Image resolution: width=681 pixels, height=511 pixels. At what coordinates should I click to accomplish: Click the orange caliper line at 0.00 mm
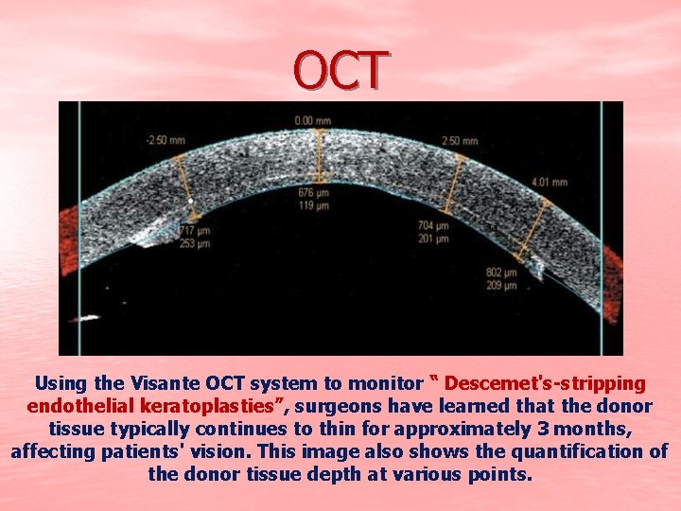pos(320,156)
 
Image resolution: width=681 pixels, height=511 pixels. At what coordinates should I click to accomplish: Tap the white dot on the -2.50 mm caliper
pos(191,201)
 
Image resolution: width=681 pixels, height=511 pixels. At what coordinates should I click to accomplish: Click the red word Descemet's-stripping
pos(545,384)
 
